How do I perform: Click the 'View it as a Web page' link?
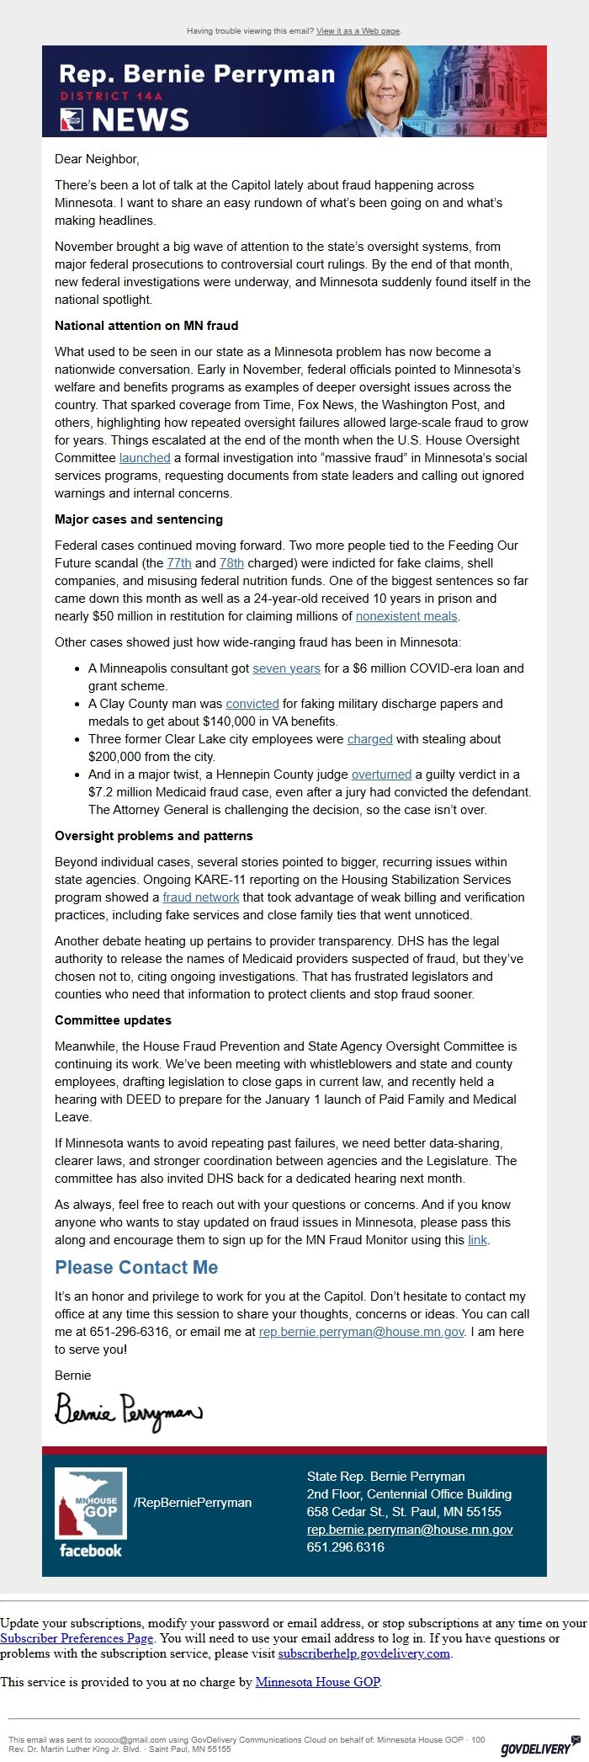click(358, 31)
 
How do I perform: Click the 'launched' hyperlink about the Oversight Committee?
click(145, 458)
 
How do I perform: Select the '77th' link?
click(179, 563)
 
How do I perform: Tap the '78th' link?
click(231, 563)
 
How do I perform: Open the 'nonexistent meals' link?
click(406, 616)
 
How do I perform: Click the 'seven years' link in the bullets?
click(286, 668)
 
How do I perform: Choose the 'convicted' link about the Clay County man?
click(252, 704)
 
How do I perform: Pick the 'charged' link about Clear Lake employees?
click(369, 739)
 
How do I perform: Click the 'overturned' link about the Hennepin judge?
click(381, 775)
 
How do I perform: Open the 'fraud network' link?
click(200, 897)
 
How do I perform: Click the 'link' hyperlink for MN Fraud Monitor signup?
click(477, 1240)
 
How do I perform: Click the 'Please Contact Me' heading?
click(136, 1268)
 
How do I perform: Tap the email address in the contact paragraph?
click(361, 1332)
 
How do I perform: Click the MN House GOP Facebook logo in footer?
click(90, 1512)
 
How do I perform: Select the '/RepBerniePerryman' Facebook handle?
click(192, 1503)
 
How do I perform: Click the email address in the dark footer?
click(409, 1530)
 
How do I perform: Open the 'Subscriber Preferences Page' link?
click(77, 1638)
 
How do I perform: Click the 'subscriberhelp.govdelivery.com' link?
click(363, 1653)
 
